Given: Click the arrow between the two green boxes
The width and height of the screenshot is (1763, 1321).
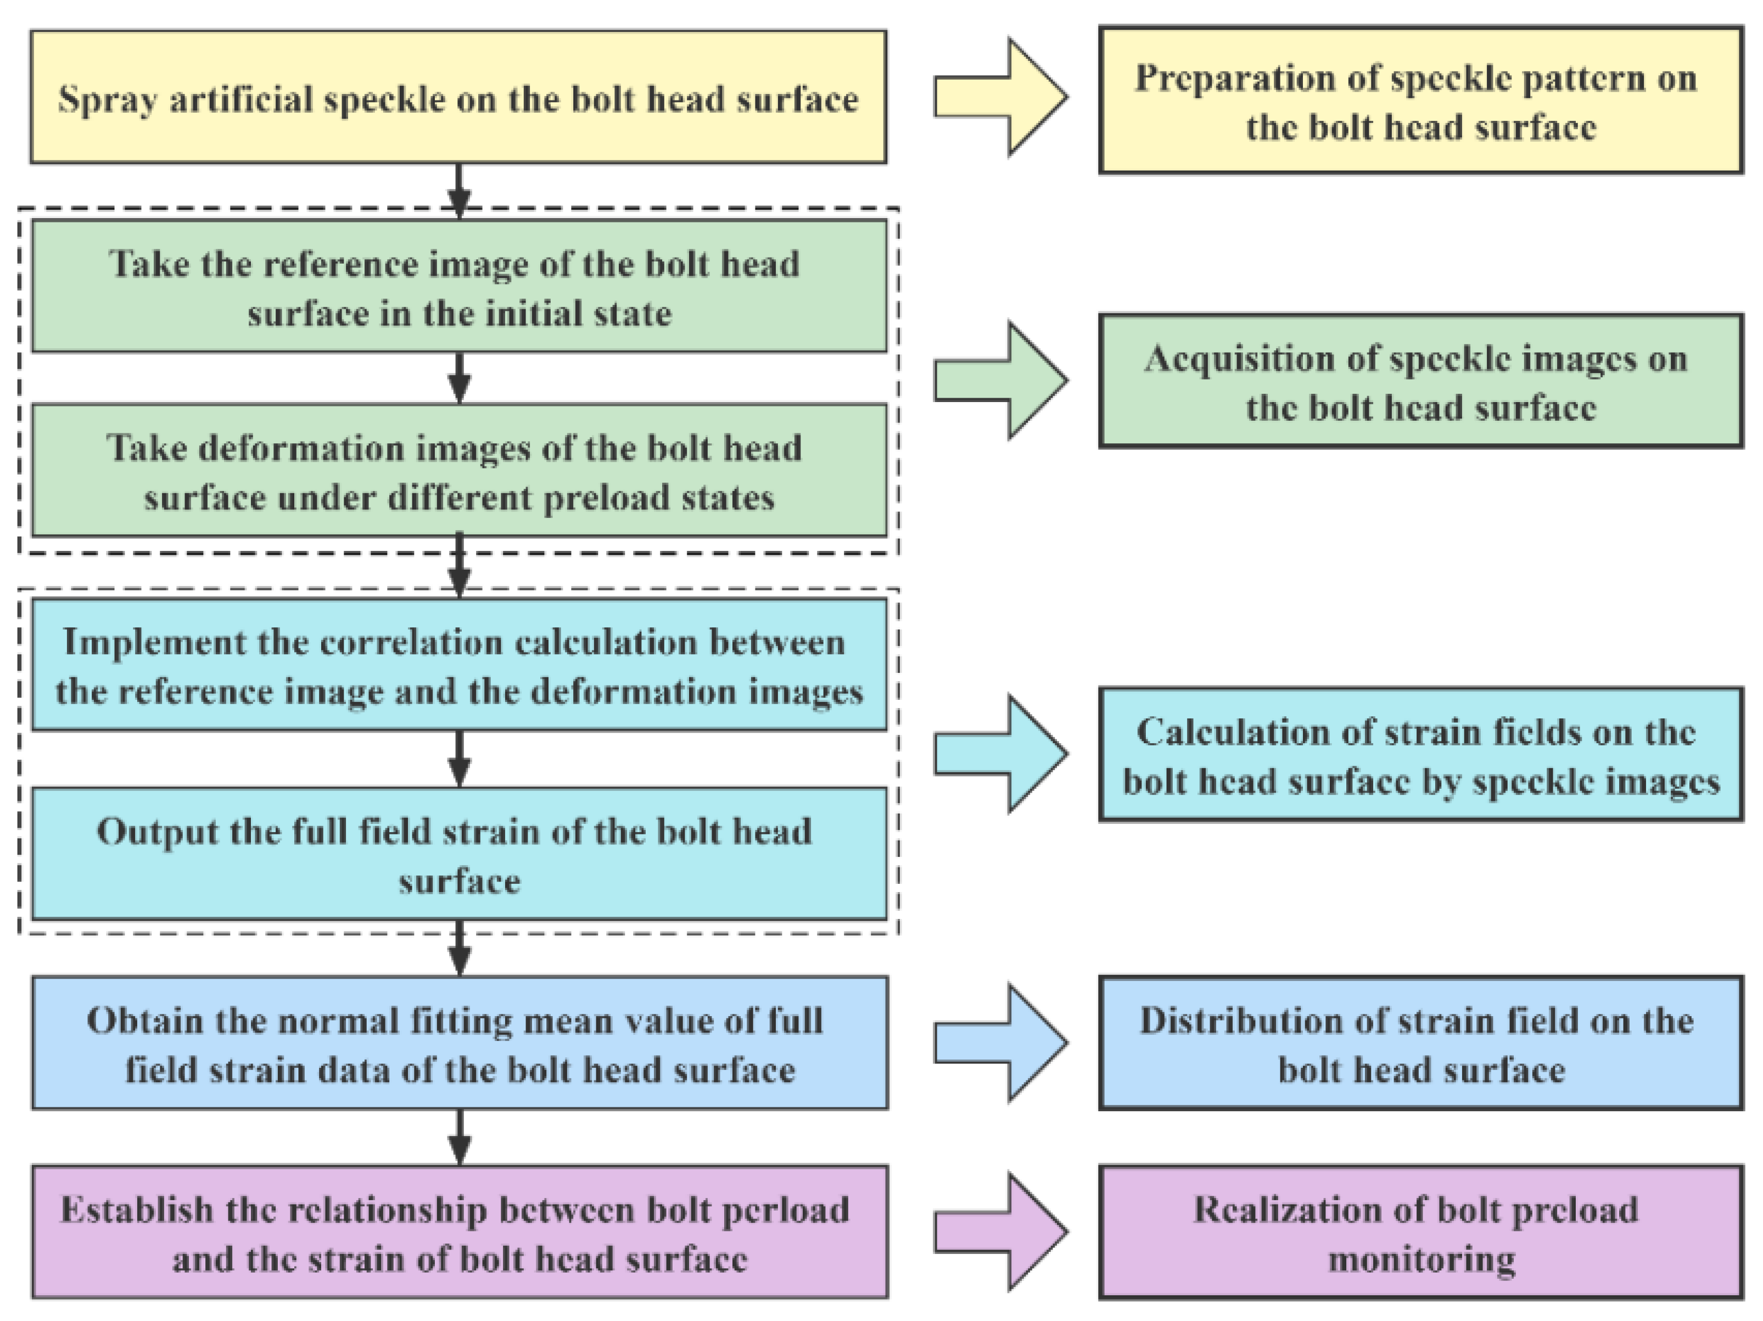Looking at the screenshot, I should (x=459, y=378).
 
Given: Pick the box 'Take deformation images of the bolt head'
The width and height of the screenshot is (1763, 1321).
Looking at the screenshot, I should (x=459, y=470).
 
